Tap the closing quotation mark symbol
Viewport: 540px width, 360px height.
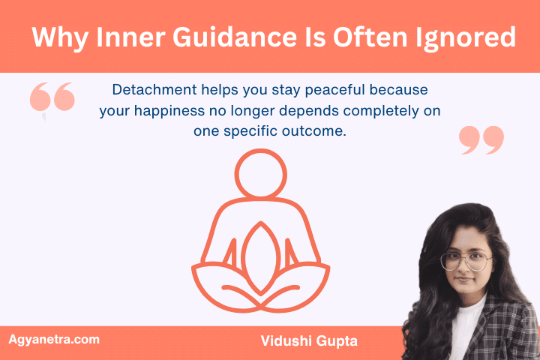[481, 140]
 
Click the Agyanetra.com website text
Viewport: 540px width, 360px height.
[53, 340]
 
